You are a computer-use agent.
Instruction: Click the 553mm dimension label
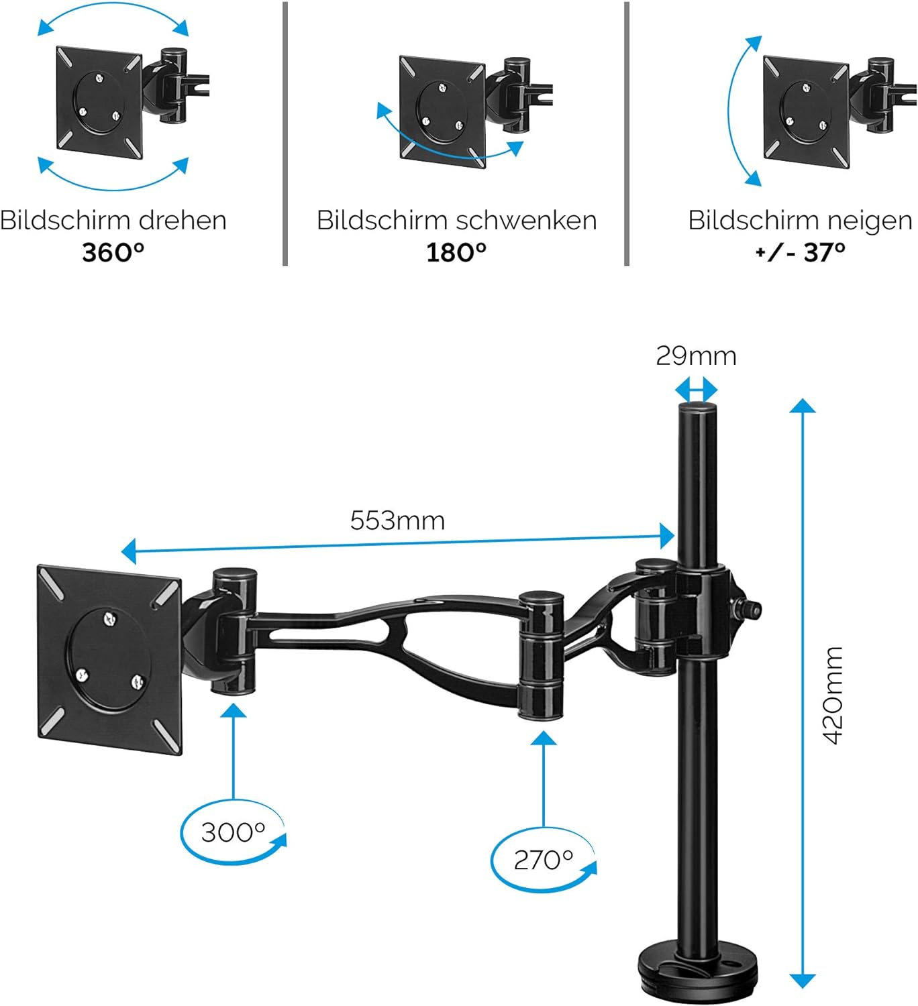point(397,520)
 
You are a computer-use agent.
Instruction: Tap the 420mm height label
point(833,695)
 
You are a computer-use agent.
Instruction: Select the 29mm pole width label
point(696,356)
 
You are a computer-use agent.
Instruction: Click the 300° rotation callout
point(233,832)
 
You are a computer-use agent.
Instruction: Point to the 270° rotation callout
point(543,860)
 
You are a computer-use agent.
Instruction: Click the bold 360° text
point(113,253)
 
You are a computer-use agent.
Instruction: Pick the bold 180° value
point(456,253)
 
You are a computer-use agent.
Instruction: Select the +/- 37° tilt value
point(800,253)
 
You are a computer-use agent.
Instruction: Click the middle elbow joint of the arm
point(541,654)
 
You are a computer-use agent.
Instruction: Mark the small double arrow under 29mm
point(696,389)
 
